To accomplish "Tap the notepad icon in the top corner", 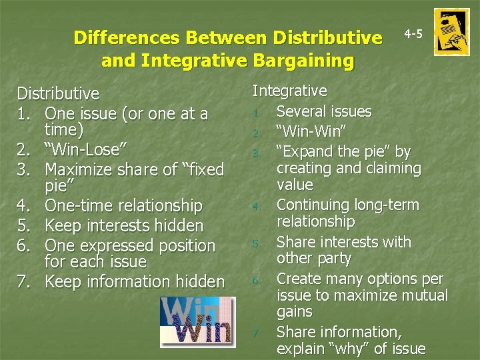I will (x=451, y=32).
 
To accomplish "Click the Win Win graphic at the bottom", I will (x=197, y=322).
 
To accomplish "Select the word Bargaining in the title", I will (x=303, y=61).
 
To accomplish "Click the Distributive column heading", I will (x=58, y=93).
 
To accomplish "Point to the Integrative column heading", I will (x=289, y=91).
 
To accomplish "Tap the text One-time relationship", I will (x=123, y=205).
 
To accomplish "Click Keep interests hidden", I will (x=123, y=225).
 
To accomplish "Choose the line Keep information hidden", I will (x=135, y=281).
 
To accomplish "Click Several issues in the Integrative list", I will (x=324, y=111).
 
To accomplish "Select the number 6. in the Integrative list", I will (x=256, y=281).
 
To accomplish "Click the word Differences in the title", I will (x=126, y=37).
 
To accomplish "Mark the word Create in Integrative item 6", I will (x=297, y=278).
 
